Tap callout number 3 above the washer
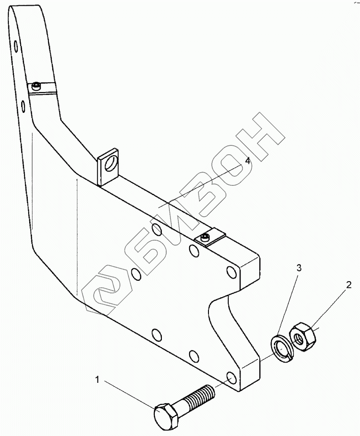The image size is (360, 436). point(298,268)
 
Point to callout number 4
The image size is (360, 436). point(248,161)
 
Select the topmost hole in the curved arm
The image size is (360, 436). point(16,46)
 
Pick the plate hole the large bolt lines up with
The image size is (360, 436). point(231,379)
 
